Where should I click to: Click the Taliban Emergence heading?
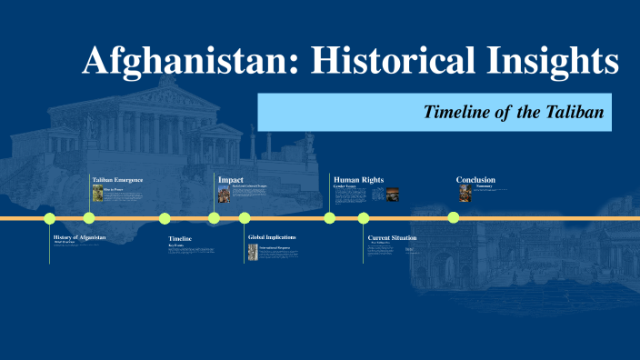click(x=118, y=180)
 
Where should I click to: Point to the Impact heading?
click(x=230, y=180)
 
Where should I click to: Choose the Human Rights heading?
click(x=358, y=180)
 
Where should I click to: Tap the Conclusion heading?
click(x=475, y=180)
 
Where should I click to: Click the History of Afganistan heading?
click(x=79, y=237)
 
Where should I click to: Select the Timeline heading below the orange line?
click(x=180, y=238)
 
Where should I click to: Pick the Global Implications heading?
click(x=272, y=237)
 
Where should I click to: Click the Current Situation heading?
click(x=392, y=237)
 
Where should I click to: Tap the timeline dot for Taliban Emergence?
click(x=89, y=218)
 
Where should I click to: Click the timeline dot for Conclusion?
click(x=454, y=218)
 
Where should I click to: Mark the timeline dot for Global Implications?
click(x=245, y=218)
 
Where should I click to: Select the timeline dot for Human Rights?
click(x=330, y=218)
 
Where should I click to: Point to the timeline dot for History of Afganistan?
click(x=50, y=218)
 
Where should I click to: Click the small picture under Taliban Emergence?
click(x=97, y=193)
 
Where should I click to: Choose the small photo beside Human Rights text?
click(x=393, y=194)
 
